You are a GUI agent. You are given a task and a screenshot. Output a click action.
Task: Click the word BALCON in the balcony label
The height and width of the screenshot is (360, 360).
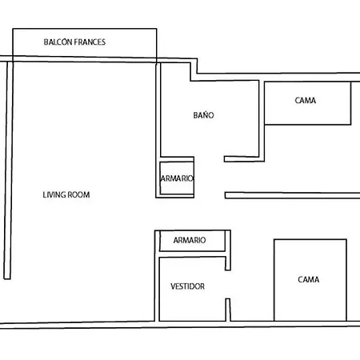tap(58, 42)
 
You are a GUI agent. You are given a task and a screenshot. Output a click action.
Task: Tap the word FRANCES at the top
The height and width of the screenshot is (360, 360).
tap(90, 42)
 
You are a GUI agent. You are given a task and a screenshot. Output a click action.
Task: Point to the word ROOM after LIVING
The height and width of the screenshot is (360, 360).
tap(78, 195)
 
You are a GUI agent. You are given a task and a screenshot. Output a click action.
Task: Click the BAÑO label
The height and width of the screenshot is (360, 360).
tap(203, 115)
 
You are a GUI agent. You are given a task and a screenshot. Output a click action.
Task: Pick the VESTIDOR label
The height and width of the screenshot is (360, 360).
tap(187, 286)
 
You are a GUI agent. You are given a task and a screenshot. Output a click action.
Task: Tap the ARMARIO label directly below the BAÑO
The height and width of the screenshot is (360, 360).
tap(177, 178)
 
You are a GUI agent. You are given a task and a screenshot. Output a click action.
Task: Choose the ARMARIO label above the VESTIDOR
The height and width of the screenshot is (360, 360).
tap(190, 240)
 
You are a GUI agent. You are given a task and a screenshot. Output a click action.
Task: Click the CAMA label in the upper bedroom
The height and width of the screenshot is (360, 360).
tap(306, 101)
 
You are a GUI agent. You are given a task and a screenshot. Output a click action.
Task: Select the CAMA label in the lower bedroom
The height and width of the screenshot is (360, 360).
tap(308, 279)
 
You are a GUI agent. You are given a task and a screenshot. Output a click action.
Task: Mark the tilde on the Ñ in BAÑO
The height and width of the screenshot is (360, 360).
tap(205, 111)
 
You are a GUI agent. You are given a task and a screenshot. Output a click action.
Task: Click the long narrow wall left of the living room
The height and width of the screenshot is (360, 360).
tap(8, 170)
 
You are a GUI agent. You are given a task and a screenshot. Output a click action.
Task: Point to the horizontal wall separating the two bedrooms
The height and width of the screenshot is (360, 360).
tap(292, 195)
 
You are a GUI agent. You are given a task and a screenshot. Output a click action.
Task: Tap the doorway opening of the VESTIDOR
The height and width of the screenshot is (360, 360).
tap(228, 284)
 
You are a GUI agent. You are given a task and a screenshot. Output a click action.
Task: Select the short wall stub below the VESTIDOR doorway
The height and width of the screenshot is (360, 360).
tap(228, 310)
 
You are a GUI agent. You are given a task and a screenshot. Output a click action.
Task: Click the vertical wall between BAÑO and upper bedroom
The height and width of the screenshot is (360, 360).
tap(262, 121)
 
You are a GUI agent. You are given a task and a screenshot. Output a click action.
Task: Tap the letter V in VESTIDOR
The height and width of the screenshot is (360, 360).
tap(173, 286)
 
